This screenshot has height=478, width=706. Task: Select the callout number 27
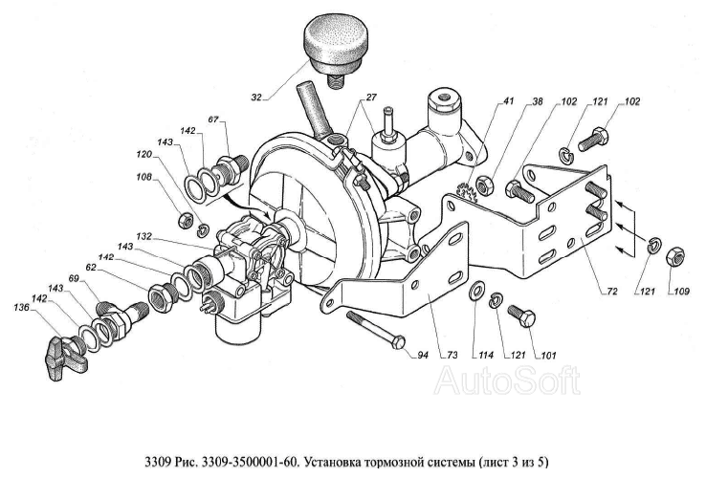click(x=369, y=98)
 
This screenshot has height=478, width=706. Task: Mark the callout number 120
click(x=143, y=153)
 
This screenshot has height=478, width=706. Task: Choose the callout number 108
click(x=143, y=176)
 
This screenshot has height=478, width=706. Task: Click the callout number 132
click(x=145, y=235)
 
